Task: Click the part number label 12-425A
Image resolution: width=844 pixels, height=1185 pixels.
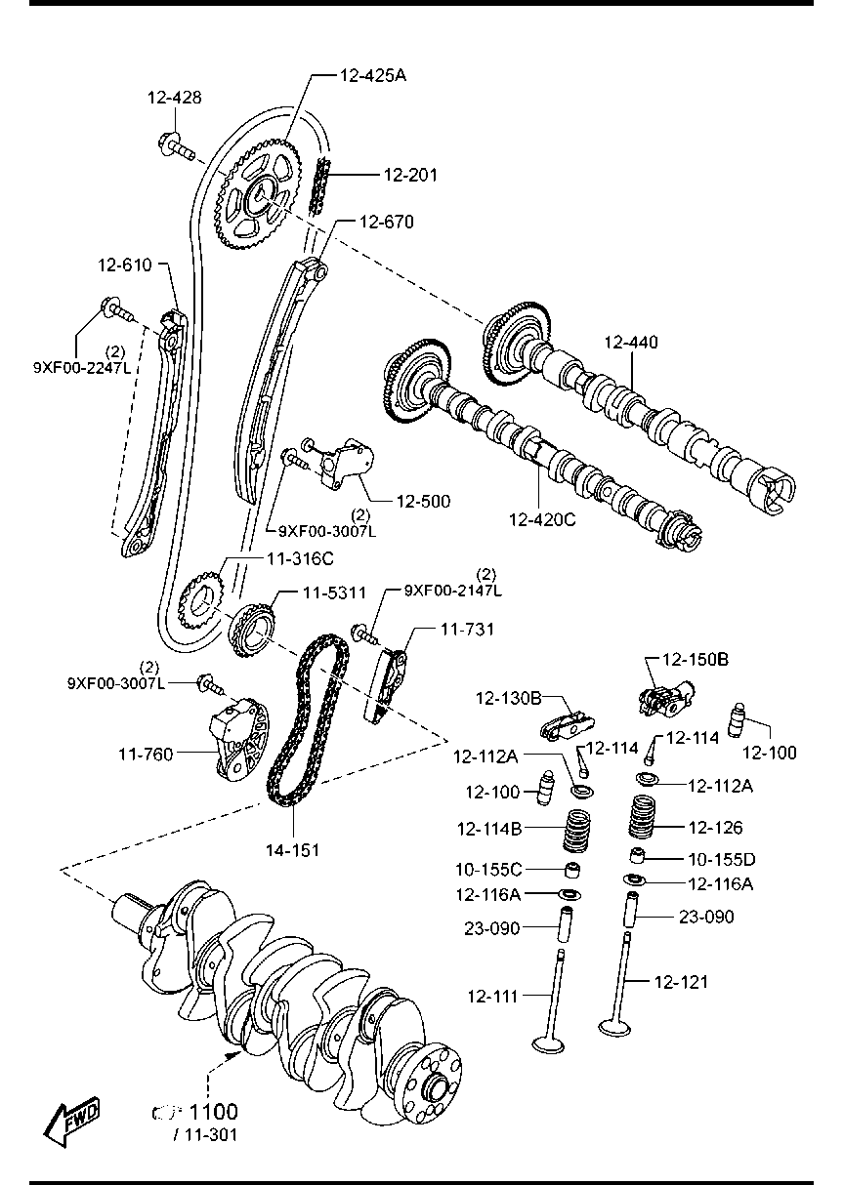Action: pyautogui.click(x=372, y=74)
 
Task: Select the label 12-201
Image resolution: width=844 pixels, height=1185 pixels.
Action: pyautogui.click(x=410, y=176)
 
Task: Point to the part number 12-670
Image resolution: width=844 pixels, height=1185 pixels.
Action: pyautogui.click(x=386, y=223)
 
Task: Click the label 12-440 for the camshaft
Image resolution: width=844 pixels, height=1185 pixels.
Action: pyautogui.click(x=630, y=343)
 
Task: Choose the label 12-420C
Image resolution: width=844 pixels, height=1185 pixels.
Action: pyautogui.click(x=542, y=519)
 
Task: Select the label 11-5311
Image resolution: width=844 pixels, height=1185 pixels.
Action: pyautogui.click(x=333, y=592)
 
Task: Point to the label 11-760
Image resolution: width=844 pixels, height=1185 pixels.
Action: pyautogui.click(x=147, y=753)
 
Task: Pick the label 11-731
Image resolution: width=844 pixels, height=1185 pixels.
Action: pyautogui.click(x=466, y=631)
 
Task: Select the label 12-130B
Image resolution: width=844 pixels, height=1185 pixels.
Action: pyautogui.click(x=508, y=698)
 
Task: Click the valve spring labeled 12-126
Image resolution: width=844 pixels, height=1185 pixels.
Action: pyautogui.click(x=642, y=819)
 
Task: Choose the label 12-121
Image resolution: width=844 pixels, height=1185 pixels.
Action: pyautogui.click(x=681, y=981)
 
